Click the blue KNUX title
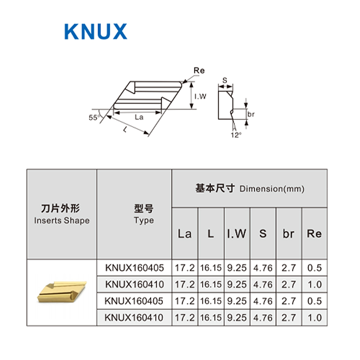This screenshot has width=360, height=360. coord(96,31)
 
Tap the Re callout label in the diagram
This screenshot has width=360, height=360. coord(199,71)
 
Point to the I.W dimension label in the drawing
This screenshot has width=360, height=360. coord(200,96)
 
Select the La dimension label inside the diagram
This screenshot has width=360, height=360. coord(139,117)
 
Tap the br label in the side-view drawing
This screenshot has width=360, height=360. coord(251,114)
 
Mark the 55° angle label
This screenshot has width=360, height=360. coord(93,118)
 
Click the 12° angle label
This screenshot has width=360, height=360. coord(236,135)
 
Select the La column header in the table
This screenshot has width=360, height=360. coord(184,234)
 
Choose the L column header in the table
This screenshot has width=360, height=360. coord(211,234)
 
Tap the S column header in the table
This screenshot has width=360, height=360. coord(263,234)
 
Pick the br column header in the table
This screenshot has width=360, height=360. coord(288,234)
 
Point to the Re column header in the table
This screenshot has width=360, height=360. coord(314,234)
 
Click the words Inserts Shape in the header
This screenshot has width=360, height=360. coord(62,220)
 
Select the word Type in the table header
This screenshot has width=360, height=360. coord(144,220)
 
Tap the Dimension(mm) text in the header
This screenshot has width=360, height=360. coord(272,189)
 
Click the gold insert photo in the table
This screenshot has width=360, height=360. coord(62,292)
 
